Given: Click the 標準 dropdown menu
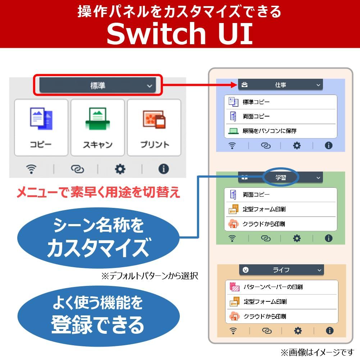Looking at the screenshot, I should [x=98, y=86].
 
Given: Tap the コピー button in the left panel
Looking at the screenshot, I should [x=41, y=127].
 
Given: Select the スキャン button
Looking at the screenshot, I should [x=97, y=127].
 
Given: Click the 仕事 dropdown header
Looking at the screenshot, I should [x=280, y=85].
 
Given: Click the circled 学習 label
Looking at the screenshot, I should [x=281, y=177].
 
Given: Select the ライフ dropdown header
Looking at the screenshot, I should [x=281, y=270].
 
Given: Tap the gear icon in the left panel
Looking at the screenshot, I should [x=120, y=169].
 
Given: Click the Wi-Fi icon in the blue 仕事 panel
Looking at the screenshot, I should [x=232, y=146].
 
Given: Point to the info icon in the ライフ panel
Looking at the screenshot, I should [x=329, y=331].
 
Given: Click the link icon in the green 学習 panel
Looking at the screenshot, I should [x=266, y=238].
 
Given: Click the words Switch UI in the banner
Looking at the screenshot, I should [x=179, y=33].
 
